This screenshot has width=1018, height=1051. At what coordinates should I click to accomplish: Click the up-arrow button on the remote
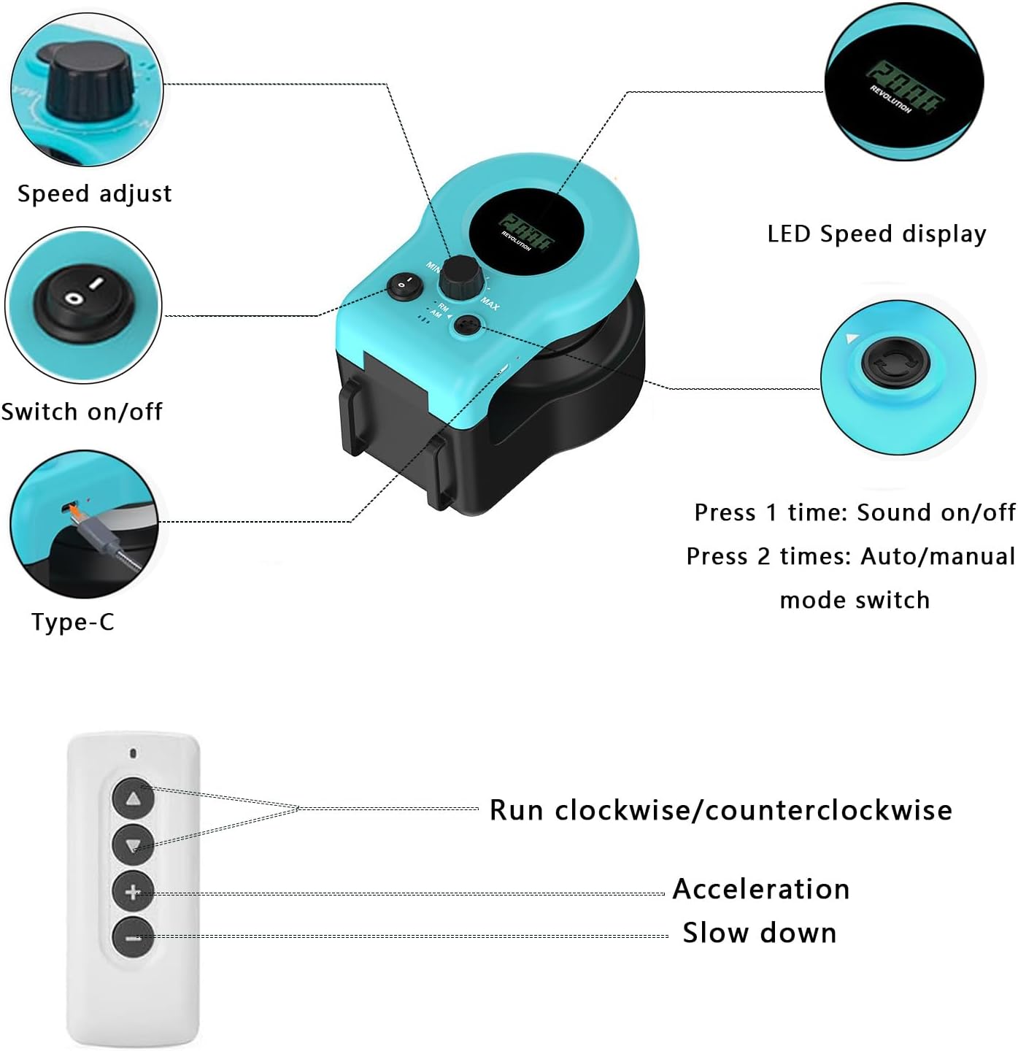click(133, 799)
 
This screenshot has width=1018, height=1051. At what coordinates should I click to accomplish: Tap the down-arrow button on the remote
click(133, 845)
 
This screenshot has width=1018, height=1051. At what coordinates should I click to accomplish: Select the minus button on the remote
click(133, 936)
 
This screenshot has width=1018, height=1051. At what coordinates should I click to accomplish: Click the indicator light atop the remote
click(133, 752)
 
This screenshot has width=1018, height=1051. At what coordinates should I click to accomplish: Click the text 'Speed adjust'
click(94, 193)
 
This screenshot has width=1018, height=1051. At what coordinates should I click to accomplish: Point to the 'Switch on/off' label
click(82, 412)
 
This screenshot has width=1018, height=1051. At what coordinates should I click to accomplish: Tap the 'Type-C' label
click(73, 622)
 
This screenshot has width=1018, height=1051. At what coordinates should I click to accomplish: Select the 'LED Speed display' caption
click(876, 234)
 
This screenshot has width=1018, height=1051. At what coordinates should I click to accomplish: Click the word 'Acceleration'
click(761, 889)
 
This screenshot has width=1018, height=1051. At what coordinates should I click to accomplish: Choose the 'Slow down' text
click(760, 933)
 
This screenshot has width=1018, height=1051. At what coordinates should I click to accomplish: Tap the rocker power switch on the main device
click(404, 286)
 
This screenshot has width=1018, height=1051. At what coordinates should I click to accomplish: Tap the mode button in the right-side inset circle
click(895, 362)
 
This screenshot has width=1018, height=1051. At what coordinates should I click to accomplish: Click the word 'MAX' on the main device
click(490, 304)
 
